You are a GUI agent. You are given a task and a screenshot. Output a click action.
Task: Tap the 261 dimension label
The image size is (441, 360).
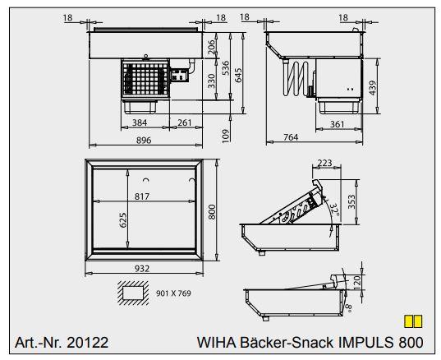[185, 123]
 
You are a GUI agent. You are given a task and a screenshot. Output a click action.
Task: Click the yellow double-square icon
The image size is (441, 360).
[413, 321]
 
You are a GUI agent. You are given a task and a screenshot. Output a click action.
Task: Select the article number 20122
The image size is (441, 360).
[85, 342]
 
